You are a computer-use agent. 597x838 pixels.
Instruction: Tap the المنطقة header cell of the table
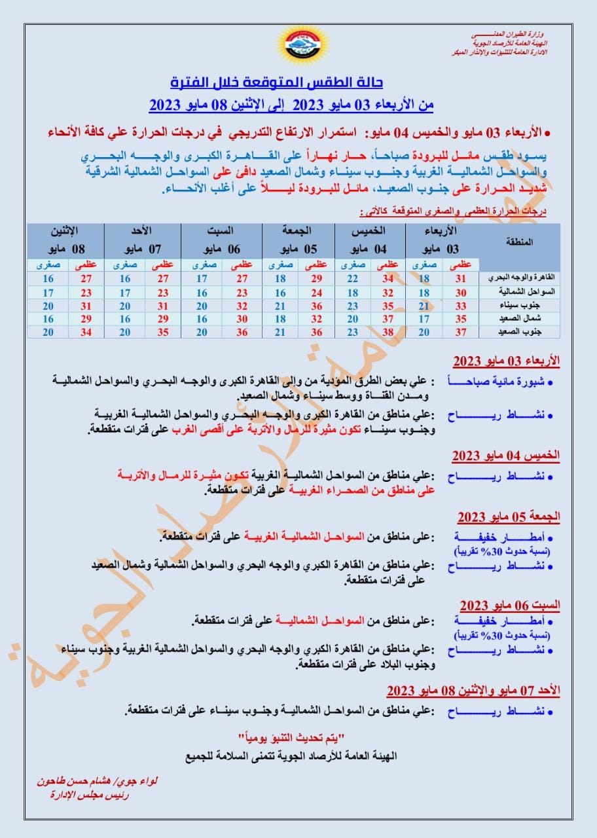pos(520,242)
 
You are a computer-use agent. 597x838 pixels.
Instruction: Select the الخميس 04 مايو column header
pos(371,240)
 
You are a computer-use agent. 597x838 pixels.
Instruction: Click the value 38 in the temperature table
pos(386,331)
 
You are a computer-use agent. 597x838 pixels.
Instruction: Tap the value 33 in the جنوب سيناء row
pos(461,305)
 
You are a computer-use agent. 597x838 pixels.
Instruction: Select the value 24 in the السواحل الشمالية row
pos(316,292)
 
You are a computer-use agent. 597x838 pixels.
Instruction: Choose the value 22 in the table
pos(353,279)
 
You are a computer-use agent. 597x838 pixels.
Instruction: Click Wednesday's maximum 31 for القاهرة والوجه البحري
pos(461,279)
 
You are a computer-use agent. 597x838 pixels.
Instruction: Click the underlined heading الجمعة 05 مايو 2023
pos(509,517)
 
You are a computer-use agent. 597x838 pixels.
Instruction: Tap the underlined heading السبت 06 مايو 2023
pos(509,604)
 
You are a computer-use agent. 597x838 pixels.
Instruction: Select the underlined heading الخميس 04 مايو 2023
pos(506,456)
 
